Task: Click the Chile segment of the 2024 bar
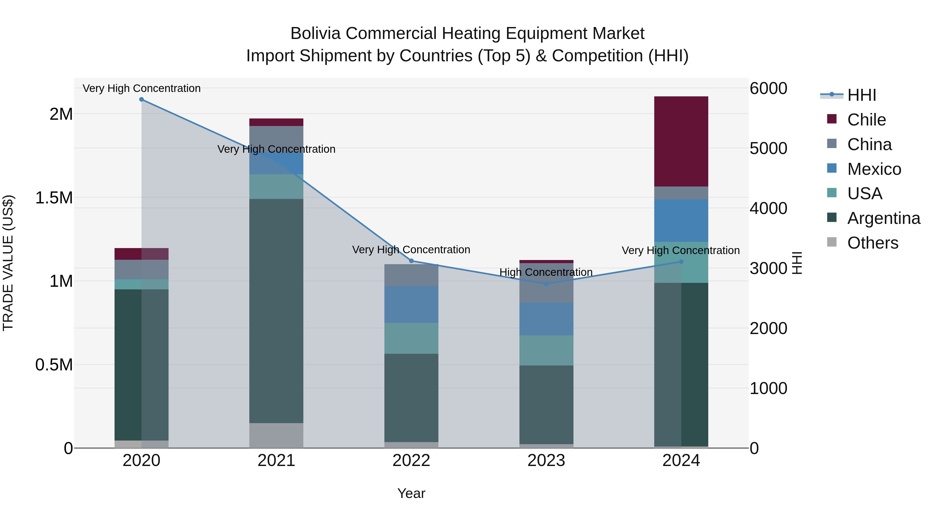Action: tap(681, 142)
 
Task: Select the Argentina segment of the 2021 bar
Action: tap(276, 311)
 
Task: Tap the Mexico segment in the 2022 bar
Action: tap(411, 304)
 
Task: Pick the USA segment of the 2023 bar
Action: tap(546, 350)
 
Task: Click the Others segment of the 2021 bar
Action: tap(276, 435)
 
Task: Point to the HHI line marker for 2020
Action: tap(142, 99)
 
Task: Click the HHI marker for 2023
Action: tap(546, 284)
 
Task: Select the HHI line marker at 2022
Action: tap(411, 261)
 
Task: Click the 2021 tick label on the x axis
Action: tap(276, 461)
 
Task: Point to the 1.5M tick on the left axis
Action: tap(54, 198)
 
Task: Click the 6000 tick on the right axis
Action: tap(769, 89)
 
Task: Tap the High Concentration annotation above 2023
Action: tap(546, 272)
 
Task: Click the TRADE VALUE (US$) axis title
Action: tap(8, 263)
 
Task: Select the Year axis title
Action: tap(411, 493)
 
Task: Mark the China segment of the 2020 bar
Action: tap(142, 269)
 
